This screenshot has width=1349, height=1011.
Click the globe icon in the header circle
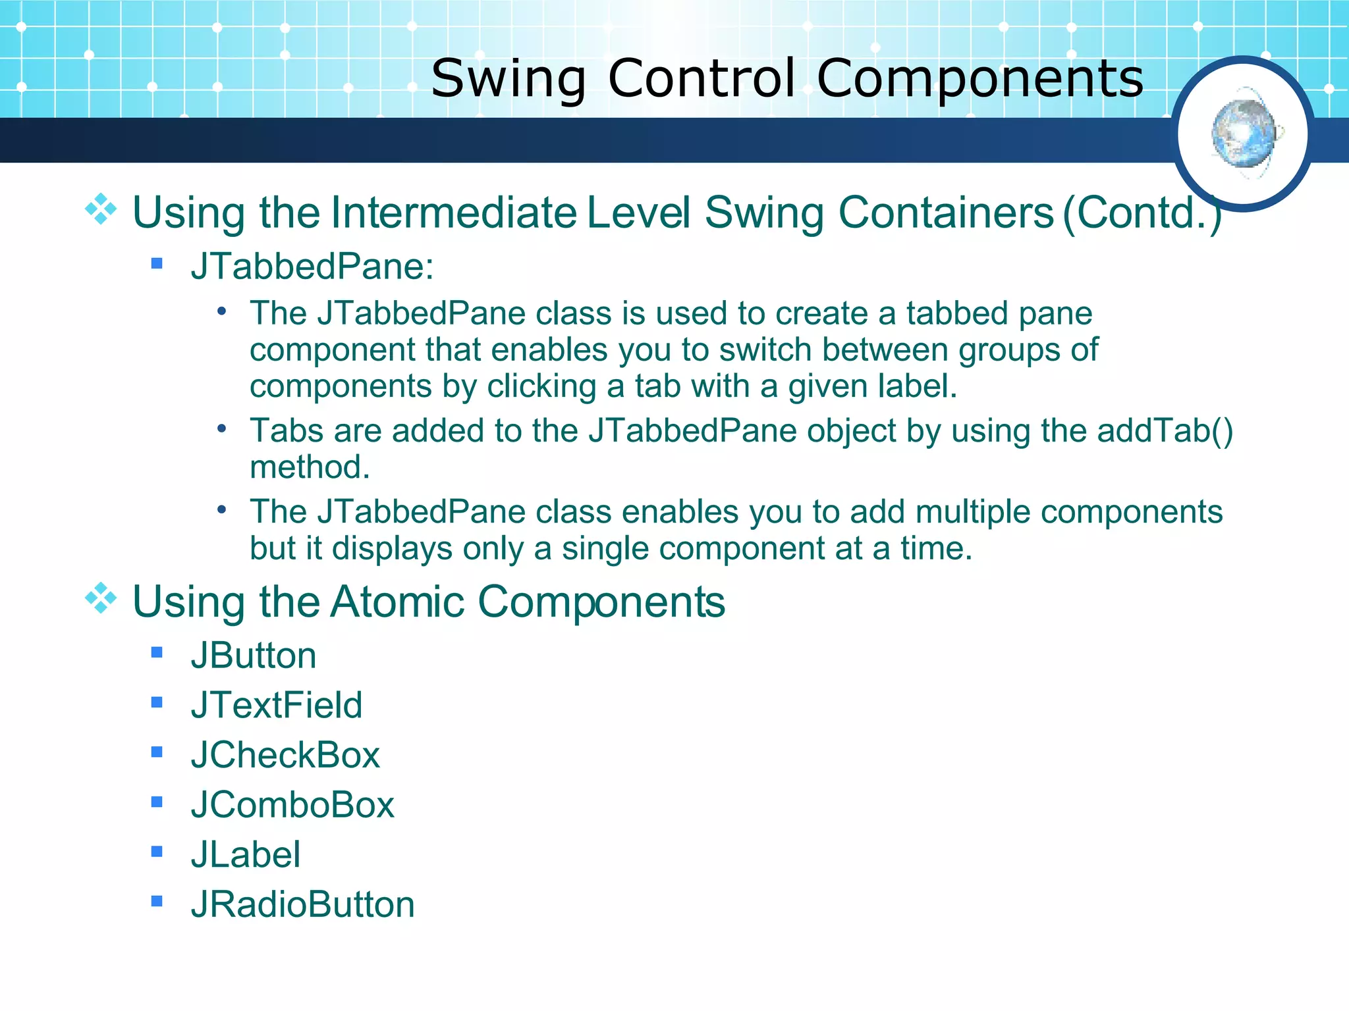click(x=1243, y=134)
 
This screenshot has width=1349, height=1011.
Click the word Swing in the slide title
click(x=508, y=78)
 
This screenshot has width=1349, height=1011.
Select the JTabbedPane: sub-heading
click(x=312, y=267)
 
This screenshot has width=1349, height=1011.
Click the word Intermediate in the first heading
click(x=454, y=213)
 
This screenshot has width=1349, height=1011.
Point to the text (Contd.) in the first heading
click(x=1142, y=213)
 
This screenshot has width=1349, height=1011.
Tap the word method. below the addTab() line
click(x=310, y=467)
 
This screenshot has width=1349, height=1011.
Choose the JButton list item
click(x=254, y=656)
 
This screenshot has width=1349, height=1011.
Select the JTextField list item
click(x=277, y=705)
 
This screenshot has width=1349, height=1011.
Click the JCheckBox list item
click(x=285, y=755)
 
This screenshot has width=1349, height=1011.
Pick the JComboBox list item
click(x=292, y=805)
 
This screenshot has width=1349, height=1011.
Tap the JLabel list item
click(x=246, y=854)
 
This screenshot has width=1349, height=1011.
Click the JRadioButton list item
click(x=303, y=904)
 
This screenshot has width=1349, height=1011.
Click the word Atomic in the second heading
click(x=397, y=602)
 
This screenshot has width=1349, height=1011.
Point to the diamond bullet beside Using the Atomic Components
click(x=101, y=598)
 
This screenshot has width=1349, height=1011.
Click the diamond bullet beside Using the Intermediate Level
click(x=101, y=209)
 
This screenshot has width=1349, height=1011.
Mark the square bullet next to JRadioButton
click(x=157, y=900)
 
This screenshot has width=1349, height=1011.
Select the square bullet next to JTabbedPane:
click(x=157, y=263)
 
